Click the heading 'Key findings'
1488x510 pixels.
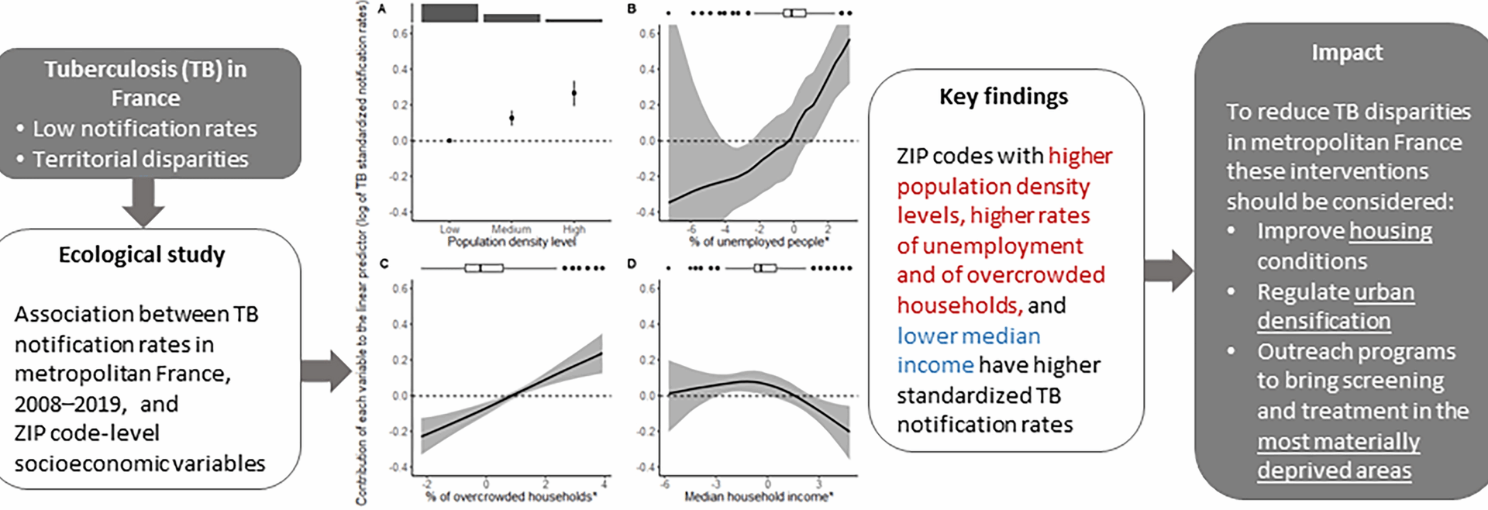point(1003,97)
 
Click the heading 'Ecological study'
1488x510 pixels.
point(142,255)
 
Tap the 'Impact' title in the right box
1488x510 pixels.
point(1346,53)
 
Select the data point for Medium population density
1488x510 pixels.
point(511,118)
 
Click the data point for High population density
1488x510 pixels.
point(574,93)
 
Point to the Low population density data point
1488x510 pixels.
point(449,140)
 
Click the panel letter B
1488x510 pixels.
point(632,9)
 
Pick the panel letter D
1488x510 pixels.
point(632,264)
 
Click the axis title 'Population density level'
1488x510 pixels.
point(511,242)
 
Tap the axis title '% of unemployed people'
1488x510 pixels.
point(759,242)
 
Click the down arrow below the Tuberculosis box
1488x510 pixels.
point(143,202)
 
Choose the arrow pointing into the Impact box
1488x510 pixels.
point(1169,271)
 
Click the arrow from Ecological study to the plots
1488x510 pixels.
point(326,370)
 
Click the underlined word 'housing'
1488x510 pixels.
point(1390,231)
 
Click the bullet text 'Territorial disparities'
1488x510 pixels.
point(140,159)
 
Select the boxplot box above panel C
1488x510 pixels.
point(484,268)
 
